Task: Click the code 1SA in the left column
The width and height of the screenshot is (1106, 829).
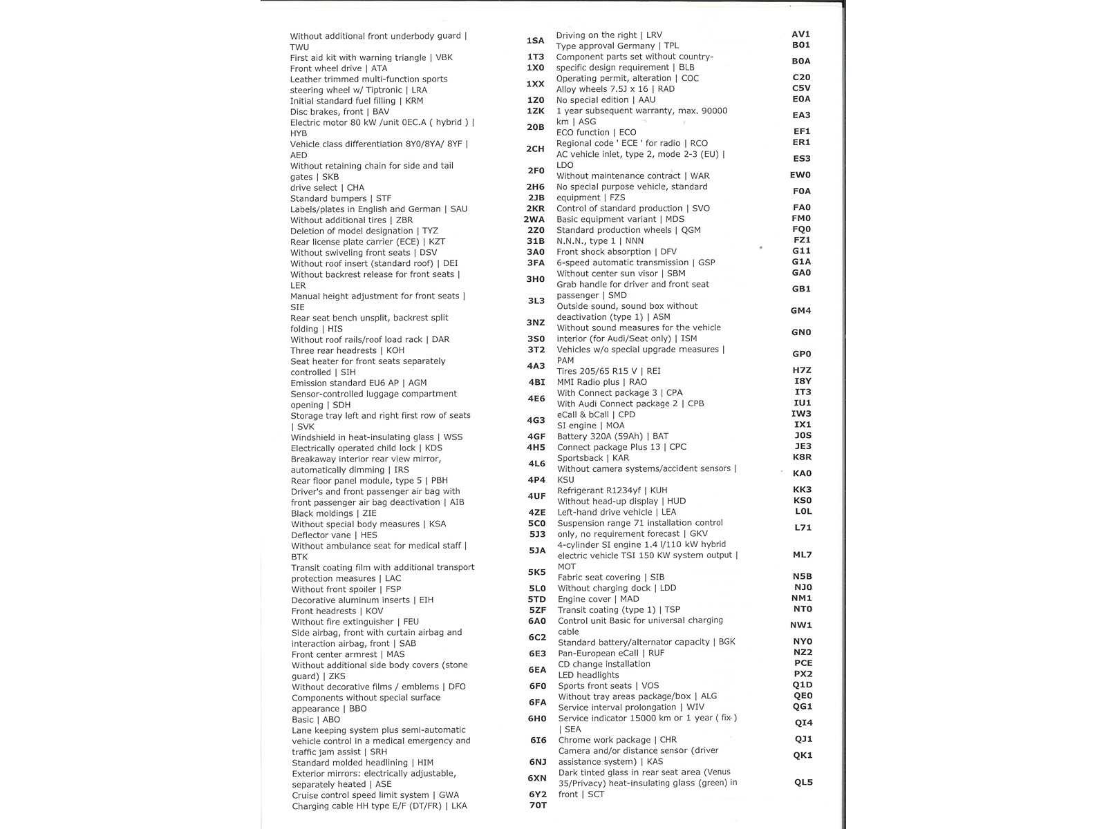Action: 535,41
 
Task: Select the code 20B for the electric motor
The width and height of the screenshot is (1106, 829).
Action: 535,127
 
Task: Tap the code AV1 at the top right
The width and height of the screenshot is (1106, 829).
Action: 800,34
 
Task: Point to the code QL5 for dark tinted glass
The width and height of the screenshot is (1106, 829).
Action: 803,782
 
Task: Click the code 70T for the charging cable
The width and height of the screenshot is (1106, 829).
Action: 537,805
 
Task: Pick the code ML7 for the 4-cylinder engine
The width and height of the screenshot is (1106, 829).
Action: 802,554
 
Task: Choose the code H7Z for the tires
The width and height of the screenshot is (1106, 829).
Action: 802,370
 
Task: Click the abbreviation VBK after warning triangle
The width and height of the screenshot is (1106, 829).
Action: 444,57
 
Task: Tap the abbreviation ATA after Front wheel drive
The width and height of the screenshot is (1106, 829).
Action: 379,68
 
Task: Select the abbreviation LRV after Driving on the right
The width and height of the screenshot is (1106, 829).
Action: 653,35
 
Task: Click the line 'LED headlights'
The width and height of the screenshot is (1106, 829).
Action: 588,675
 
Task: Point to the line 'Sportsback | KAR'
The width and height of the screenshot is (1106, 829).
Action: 593,457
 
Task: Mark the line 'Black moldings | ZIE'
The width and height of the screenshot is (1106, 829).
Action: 334,513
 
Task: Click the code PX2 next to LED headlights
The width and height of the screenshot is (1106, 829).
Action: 803,674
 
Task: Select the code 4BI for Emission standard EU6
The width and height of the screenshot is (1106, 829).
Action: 536,382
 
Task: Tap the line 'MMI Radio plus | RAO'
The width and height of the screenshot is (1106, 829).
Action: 601,381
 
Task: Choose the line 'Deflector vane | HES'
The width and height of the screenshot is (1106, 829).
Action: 334,535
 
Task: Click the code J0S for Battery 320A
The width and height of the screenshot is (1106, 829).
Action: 803,435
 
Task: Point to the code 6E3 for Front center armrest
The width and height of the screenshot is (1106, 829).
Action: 537,654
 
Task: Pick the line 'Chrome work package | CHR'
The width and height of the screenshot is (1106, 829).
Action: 617,739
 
